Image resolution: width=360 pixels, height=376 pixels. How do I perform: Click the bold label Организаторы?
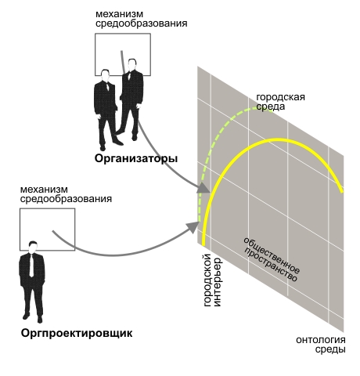tap(136, 159)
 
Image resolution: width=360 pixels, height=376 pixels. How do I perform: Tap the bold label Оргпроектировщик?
tap(77, 334)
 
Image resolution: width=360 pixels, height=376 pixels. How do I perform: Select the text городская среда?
tap(280, 102)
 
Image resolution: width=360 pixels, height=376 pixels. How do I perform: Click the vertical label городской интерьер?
tap(212, 280)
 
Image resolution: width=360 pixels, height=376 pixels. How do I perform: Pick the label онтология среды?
tap(321, 345)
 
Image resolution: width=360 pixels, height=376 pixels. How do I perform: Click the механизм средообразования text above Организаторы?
tap(141, 19)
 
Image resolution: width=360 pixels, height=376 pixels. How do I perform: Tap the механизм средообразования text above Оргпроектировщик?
tap(66, 194)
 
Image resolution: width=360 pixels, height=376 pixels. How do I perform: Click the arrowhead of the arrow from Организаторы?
tap(203, 188)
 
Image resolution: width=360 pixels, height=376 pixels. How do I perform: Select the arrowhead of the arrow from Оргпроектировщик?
tap(193, 226)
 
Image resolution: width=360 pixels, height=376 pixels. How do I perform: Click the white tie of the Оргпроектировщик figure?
tap(31, 266)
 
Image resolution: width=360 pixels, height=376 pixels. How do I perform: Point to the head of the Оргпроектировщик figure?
tap(33, 247)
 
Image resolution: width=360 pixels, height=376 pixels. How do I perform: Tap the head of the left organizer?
tap(105, 76)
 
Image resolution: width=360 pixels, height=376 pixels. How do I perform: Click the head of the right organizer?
tap(132, 65)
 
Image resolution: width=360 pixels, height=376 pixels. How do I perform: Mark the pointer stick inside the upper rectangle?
tap(123, 63)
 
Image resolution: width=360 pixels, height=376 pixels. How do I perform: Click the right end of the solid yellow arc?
tap(342, 192)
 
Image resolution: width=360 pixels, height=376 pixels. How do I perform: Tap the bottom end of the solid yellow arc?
tap(203, 245)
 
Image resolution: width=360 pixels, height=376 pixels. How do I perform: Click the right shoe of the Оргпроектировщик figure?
tap(40, 319)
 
